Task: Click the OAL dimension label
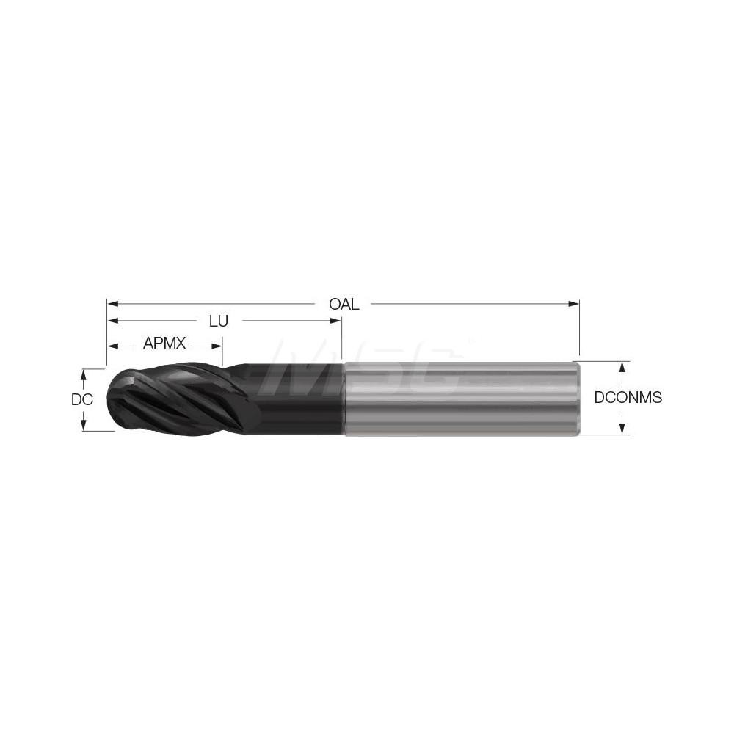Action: [344, 304]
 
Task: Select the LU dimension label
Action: [218, 321]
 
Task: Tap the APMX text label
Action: [165, 343]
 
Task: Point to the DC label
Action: [81, 400]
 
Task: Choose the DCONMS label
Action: [628, 398]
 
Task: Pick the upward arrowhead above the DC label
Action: [84, 373]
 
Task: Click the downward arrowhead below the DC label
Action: [84, 426]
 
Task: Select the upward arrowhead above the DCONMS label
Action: [622, 366]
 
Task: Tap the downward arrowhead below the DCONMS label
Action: [622, 431]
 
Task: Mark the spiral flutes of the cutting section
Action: [176, 399]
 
